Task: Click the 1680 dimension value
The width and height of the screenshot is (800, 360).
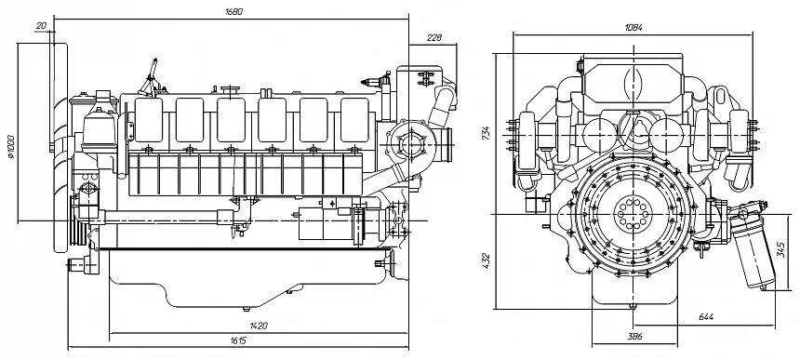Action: click(x=233, y=12)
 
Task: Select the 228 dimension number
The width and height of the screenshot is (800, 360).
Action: click(x=434, y=37)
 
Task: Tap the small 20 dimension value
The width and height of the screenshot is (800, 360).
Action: click(x=41, y=25)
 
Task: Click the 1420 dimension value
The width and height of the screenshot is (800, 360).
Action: click(x=260, y=326)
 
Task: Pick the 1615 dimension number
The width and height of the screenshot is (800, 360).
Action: click(x=238, y=340)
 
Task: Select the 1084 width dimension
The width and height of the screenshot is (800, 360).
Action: click(x=633, y=28)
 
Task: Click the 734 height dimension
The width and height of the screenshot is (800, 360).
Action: click(x=487, y=133)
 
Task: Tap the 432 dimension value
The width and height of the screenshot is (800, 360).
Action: click(x=487, y=260)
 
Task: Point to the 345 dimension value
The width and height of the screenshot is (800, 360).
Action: click(x=781, y=250)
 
